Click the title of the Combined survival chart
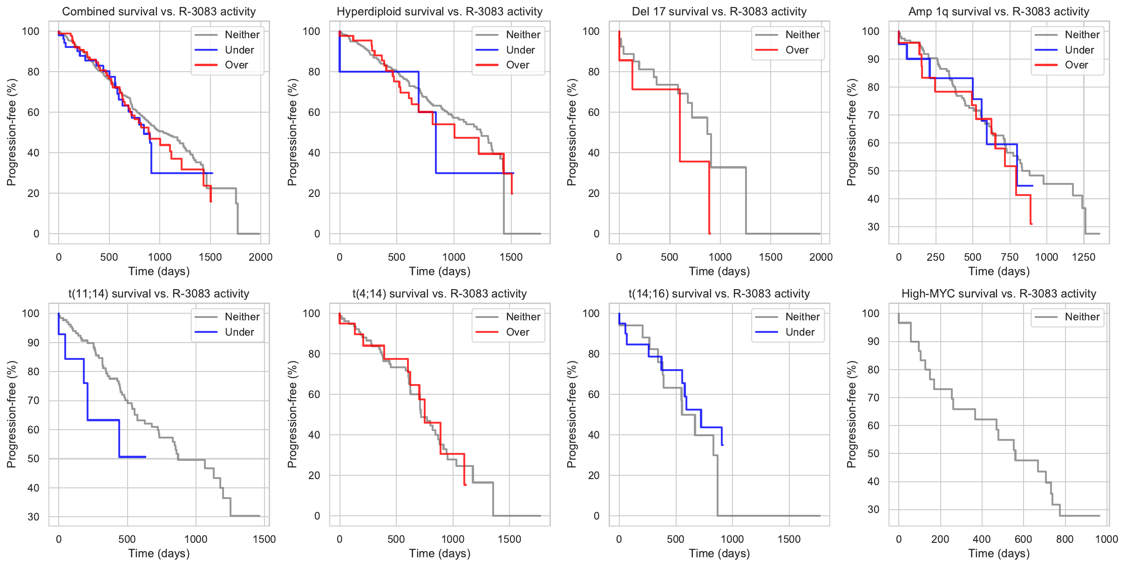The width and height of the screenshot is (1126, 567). tap(159, 12)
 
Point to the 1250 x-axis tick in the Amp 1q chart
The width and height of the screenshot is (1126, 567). tap(1083, 257)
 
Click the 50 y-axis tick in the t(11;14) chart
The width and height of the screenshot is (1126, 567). tap(33, 459)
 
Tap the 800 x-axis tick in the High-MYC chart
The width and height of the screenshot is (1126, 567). tap(1065, 539)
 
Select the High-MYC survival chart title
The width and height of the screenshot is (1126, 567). tap(999, 294)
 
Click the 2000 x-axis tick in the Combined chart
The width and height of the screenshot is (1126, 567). tap(260, 257)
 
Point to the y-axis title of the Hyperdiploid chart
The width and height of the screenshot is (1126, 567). tap(292, 132)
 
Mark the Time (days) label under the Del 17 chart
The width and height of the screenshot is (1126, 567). tap(719, 271)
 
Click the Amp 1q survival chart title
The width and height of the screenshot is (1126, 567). tap(999, 12)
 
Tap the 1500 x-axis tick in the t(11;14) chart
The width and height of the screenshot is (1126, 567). tap(264, 539)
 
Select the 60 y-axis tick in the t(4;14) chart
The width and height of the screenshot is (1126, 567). tap(314, 394)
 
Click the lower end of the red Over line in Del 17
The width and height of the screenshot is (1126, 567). tap(709, 233)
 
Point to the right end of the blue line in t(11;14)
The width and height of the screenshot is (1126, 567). tap(146, 457)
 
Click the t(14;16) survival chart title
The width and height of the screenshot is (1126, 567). tap(719, 294)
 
